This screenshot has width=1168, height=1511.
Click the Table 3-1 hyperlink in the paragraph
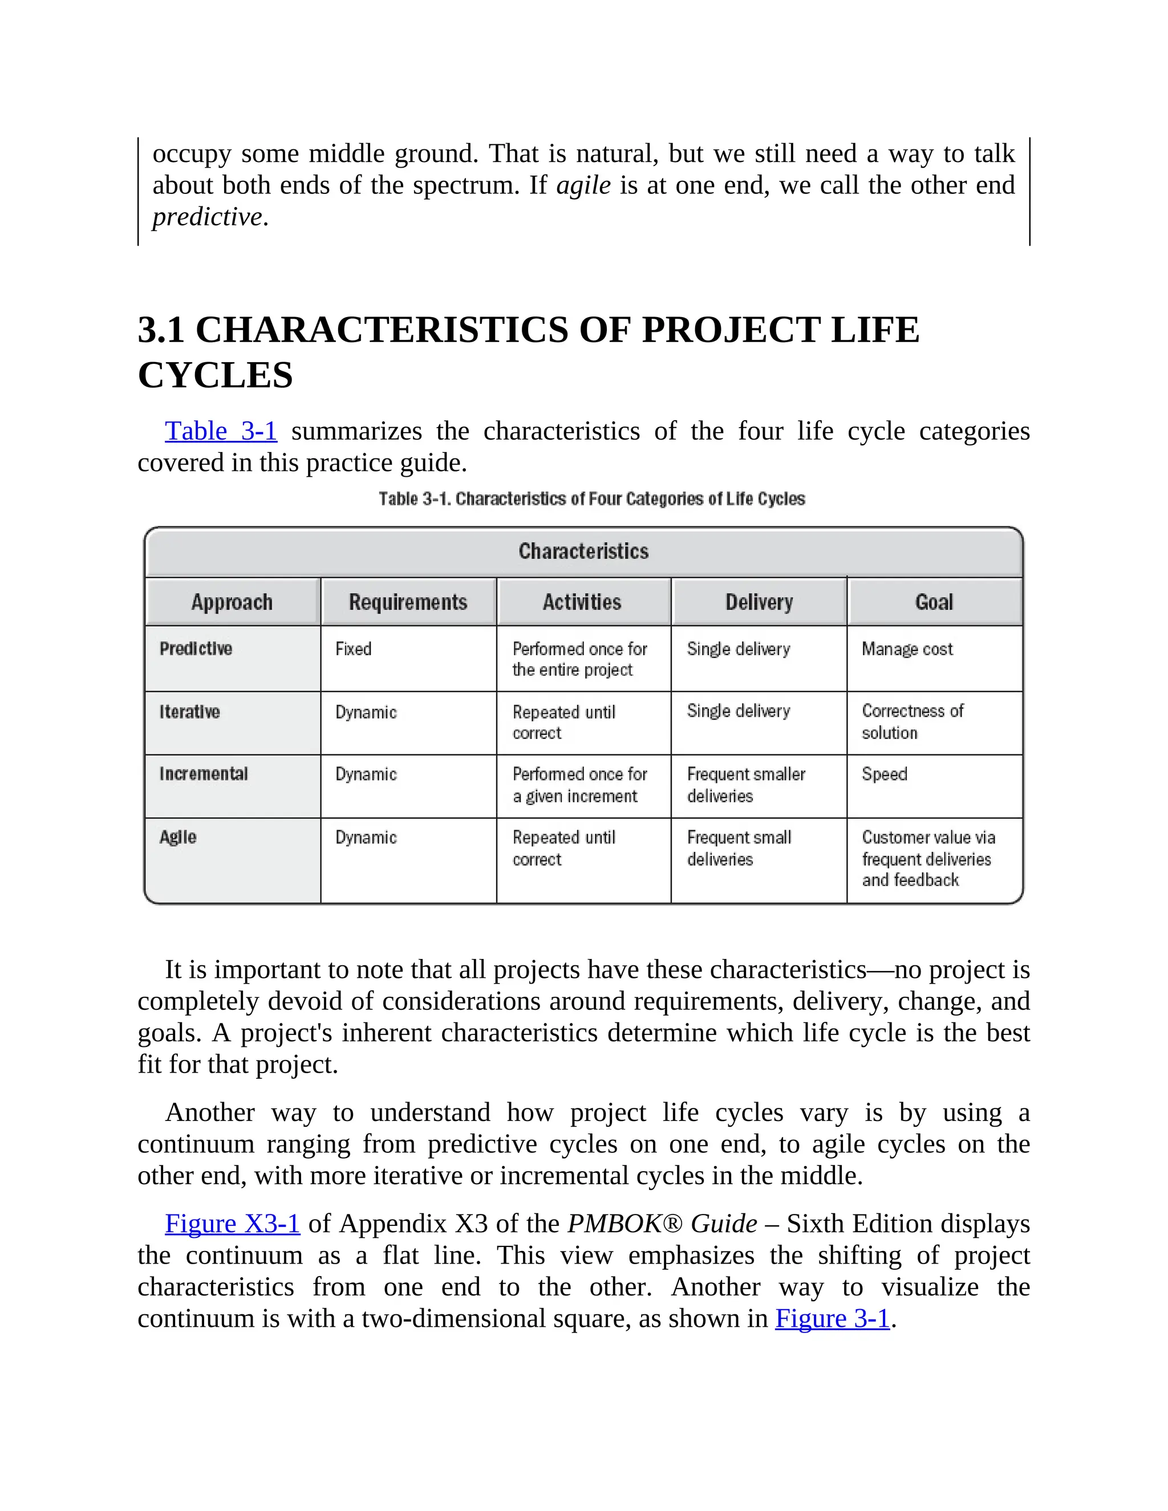(221, 431)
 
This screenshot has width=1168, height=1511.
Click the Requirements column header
(408, 602)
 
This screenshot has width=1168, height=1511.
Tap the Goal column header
(934, 602)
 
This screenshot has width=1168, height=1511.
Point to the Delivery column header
(759, 602)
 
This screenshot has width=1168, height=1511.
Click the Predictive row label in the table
(196, 649)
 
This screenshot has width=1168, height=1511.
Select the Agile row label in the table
(178, 837)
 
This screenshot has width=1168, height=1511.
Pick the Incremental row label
(204, 774)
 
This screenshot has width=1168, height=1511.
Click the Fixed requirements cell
(354, 649)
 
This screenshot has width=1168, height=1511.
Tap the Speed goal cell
(885, 774)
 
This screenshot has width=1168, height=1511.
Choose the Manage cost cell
(907, 649)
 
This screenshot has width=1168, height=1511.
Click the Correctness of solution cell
(912, 722)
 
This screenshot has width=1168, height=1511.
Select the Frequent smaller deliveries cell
(746, 785)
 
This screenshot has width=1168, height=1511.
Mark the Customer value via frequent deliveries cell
(927, 859)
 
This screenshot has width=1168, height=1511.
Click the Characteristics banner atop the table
(583, 551)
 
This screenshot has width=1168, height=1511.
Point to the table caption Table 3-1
(591, 499)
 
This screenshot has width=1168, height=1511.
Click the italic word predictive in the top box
(208, 217)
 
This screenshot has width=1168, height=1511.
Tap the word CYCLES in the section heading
(215, 376)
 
